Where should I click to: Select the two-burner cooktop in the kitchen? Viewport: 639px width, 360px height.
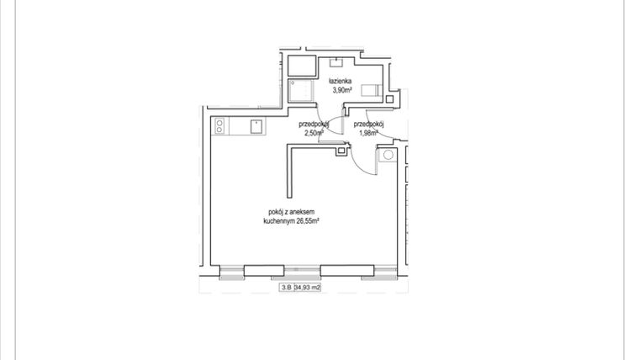[220, 127]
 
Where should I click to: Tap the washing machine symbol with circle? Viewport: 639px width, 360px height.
[388, 156]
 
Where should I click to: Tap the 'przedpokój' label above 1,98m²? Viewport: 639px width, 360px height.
[369, 124]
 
